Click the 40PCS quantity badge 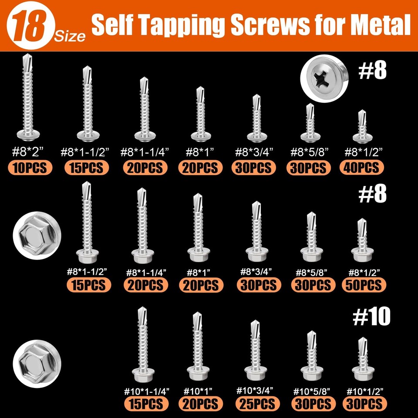click(362, 168)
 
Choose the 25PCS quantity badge click(256, 403)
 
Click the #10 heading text click(371, 318)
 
